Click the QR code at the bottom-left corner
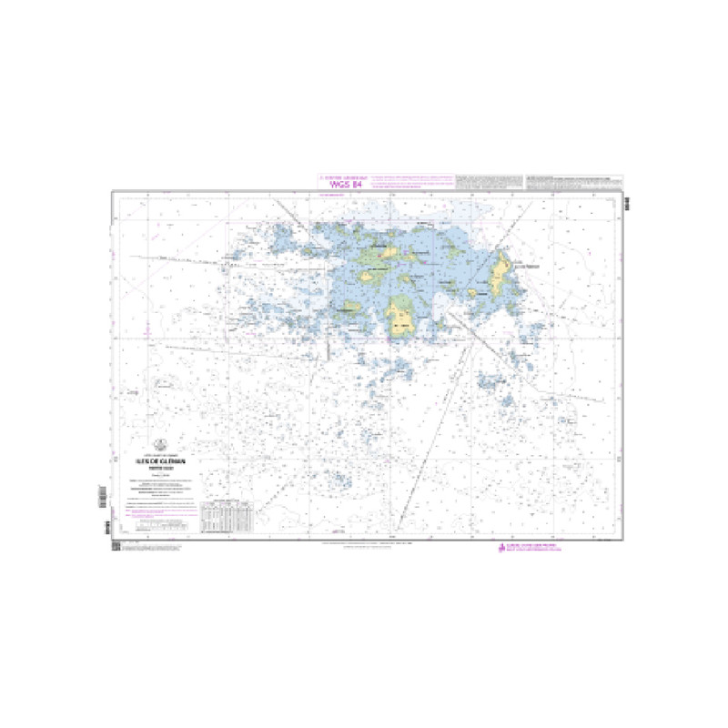click(x=116, y=545)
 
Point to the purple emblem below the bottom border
click(x=499, y=548)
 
